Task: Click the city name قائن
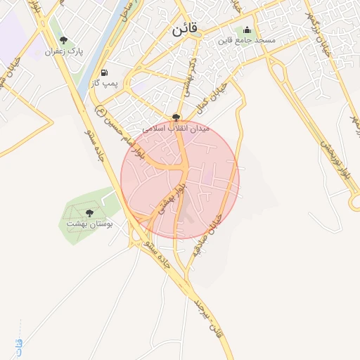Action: [185, 30]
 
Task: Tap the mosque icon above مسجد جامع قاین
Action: [247, 30]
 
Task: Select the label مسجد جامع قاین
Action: [246, 41]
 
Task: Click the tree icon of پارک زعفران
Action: [64, 41]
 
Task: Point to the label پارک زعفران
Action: [64, 52]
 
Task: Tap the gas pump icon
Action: [105, 72]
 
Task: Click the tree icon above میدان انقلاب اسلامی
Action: [176, 117]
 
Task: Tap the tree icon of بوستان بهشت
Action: [89, 212]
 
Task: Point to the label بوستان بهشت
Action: [89, 223]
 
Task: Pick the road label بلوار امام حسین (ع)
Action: [123, 134]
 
